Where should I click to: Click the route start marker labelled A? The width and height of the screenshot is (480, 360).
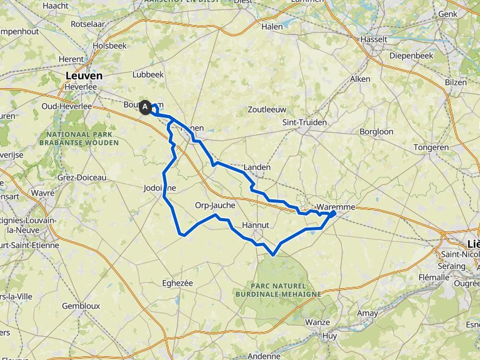pyautogui.click(x=146, y=107)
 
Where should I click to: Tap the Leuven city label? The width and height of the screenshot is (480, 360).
pyautogui.click(x=84, y=76)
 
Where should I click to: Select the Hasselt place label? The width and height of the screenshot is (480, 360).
pyautogui.click(x=374, y=39)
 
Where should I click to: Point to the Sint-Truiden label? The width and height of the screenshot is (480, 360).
pyautogui.click(x=304, y=122)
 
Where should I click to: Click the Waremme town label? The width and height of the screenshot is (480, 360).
pyautogui.click(x=336, y=207)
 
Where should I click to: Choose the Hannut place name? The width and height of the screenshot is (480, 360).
pyautogui.click(x=256, y=224)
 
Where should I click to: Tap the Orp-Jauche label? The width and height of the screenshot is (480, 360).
pyautogui.click(x=214, y=205)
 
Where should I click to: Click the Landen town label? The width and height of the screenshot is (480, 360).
pyautogui.click(x=257, y=167)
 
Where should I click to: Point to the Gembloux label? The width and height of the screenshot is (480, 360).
pyautogui.click(x=81, y=306)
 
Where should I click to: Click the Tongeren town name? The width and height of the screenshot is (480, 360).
pyautogui.click(x=431, y=147)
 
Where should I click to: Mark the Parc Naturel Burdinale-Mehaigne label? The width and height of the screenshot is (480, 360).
pyautogui.click(x=278, y=289)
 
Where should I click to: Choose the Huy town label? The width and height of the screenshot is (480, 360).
pyautogui.click(x=329, y=336)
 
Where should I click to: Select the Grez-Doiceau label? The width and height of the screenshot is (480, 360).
pyautogui.click(x=84, y=177)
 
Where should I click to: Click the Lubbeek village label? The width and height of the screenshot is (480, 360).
pyautogui.click(x=148, y=74)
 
